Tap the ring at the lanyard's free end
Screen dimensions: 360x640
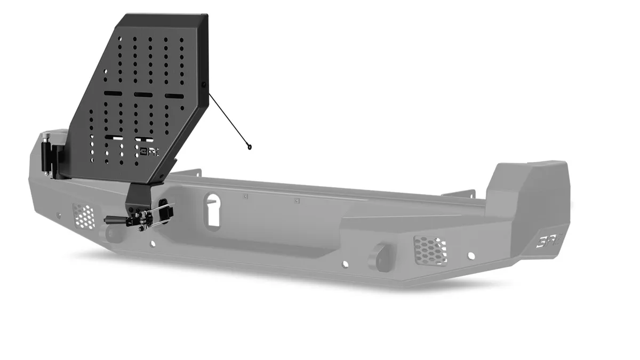click(249, 147)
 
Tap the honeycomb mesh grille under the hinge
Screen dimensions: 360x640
click(84, 215)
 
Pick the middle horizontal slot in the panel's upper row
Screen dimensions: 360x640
click(142, 94)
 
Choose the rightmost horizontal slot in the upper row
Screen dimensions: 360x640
click(173, 96)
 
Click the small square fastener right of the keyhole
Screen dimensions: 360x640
click(245, 196)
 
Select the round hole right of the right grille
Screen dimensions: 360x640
click(471, 255)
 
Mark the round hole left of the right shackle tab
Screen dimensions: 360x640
click(346, 263)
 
